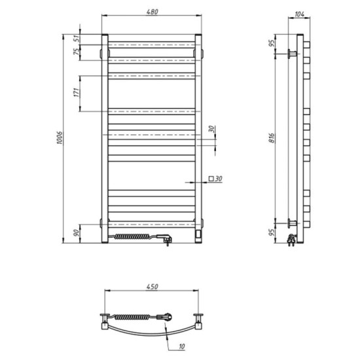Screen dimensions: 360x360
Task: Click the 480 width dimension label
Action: [153, 12]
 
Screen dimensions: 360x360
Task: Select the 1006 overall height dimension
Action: [60, 137]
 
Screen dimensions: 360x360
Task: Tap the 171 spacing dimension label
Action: [77, 92]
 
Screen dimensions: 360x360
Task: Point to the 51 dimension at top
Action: [77, 39]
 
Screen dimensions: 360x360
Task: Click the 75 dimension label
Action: [77, 51]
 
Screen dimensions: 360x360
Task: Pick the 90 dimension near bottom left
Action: [77, 233]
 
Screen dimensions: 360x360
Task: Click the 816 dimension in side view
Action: [272, 137]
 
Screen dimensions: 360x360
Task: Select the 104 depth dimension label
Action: [299, 14]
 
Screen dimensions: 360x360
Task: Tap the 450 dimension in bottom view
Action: [153, 287]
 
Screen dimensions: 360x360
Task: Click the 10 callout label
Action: [181, 346]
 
